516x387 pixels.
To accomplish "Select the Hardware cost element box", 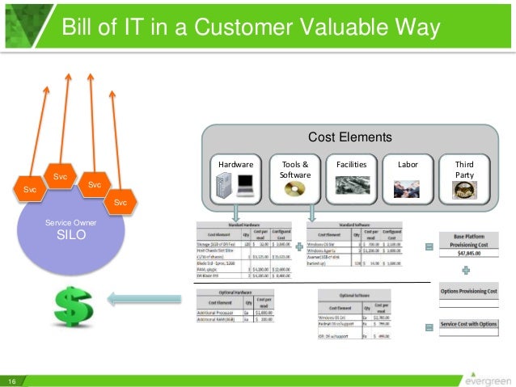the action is pyautogui.click(x=235, y=177).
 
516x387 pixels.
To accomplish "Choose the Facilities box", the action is pyautogui.click(x=350, y=177).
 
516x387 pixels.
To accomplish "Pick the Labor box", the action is pyautogui.click(x=408, y=177).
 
